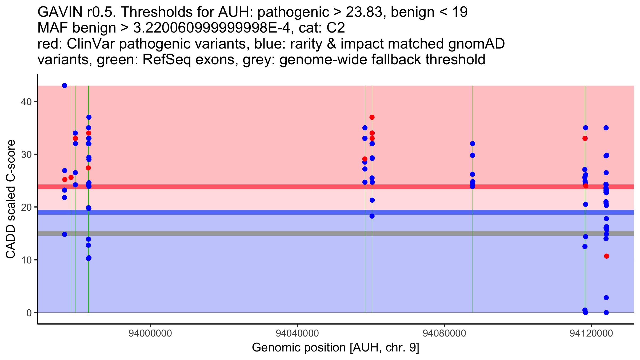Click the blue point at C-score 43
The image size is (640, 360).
(x=65, y=86)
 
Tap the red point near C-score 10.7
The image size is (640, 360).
(x=607, y=256)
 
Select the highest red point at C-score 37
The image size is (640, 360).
(x=372, y=117)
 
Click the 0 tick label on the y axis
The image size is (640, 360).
(x=29, y=313)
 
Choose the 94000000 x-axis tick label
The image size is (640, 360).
(x=150, y=333)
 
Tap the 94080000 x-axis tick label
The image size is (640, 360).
(x=444, y=333)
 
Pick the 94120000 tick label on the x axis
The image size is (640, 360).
(x=591, y=333)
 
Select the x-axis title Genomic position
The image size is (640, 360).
(x=335, y=348)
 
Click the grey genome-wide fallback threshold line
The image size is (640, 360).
(x=267, y=233)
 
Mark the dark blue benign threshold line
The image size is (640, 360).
(x=267, y=212)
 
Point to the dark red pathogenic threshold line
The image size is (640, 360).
(x=267, y=187)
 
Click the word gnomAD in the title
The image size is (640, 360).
(x=476, y=44)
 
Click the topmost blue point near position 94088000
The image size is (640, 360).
(x=473, y=144)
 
